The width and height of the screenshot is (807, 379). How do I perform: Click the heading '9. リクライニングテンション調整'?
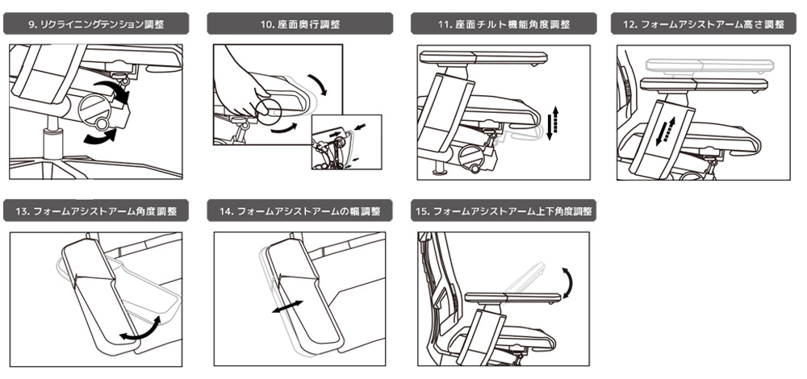[x=96, y=24]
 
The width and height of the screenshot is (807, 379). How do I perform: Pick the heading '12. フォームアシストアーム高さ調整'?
[x=703, y=24]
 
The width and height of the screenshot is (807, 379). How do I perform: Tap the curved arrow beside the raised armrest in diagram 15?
[x=570, y=281]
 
